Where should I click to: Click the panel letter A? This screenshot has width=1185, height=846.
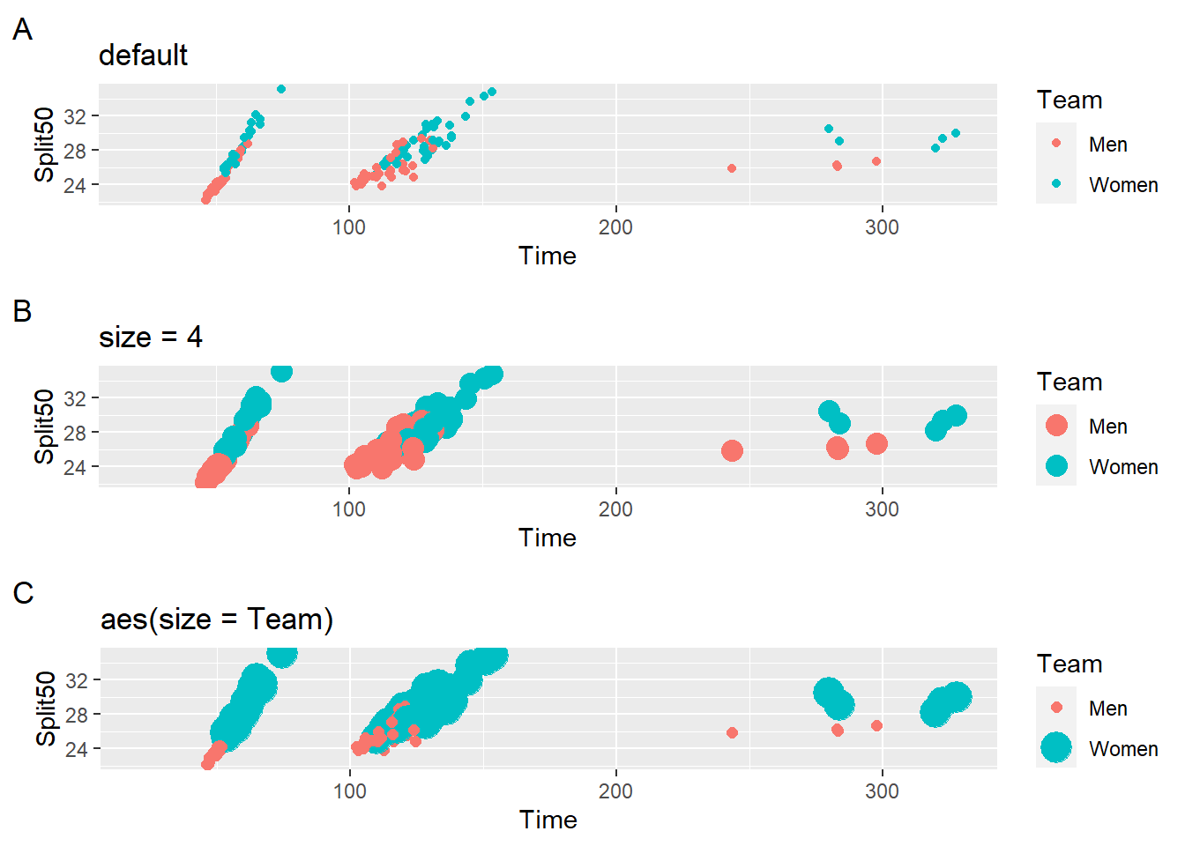pos(22,30)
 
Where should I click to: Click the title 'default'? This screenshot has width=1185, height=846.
pos(143,56)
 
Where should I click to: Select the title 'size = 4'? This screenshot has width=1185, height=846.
pos(150,338)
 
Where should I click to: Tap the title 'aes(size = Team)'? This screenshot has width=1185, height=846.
pos(217,620)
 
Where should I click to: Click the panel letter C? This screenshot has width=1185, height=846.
pos(23,594)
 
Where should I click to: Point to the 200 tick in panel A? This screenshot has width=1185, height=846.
pos(615,227)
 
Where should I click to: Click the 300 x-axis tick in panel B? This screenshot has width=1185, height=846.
pos(882,509)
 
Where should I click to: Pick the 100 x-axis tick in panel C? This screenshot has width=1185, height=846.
pos(350,791)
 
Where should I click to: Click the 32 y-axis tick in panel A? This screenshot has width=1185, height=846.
pos(75,116)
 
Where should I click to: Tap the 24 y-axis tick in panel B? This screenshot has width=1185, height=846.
pos(75,467)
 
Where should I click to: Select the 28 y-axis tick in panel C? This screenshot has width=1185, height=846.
pos(76,715)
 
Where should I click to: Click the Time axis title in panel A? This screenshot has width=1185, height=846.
pos(548,256)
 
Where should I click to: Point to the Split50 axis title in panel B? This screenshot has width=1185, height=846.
pos(44,427)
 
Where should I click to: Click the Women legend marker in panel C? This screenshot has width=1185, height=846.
pos(1056,748)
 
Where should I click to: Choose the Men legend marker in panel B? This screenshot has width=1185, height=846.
pos(1056,426)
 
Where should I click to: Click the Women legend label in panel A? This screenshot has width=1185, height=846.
pos(1123,185)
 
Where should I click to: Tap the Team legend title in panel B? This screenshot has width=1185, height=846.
pos(1069,382)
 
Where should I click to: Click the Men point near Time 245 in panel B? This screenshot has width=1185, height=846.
pos(732,451)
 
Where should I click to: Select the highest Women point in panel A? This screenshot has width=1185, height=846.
pos(281,89)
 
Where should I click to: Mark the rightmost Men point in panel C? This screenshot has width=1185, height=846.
pos(876,726)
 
